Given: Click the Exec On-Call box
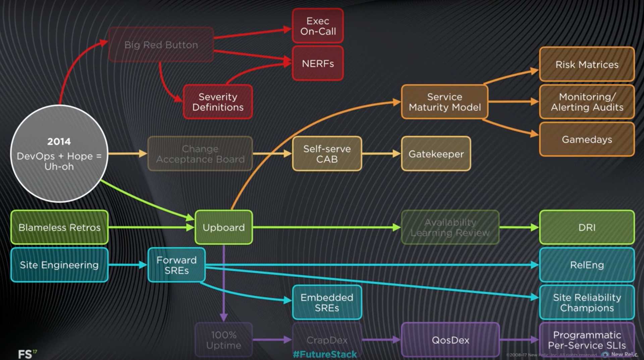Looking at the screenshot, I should [x=318, y=26].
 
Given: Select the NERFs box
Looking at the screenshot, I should [x=318, y=63].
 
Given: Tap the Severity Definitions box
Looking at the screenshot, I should [x=218, y=102].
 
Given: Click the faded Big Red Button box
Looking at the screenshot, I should [x=161, y=45].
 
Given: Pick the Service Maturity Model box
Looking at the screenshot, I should [x=444, y=102].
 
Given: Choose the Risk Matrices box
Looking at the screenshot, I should [x=587, y=64].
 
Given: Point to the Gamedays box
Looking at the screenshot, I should [x=587, y=139].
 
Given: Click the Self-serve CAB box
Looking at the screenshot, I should [x=327, y=154].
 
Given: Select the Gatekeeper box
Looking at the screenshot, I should [x=436, y=154].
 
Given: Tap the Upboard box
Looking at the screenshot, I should [x=223, y=227].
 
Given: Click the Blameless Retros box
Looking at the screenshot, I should [x=59, y=227].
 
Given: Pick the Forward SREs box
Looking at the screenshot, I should [x=176, y=265].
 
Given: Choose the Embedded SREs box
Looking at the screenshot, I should [x=327, y=302].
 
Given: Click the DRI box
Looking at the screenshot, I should [x=587, y=227].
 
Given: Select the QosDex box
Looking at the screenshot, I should [x=450, y=340].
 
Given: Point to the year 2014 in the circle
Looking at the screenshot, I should [x=59, y=141].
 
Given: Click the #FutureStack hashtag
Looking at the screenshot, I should [x=325, y=354].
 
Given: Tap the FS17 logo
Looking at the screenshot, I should [x=27, y=354].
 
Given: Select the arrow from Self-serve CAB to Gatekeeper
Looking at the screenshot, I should [x=381, y=154].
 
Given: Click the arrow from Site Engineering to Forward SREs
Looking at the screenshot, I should [x=128, y=265].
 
